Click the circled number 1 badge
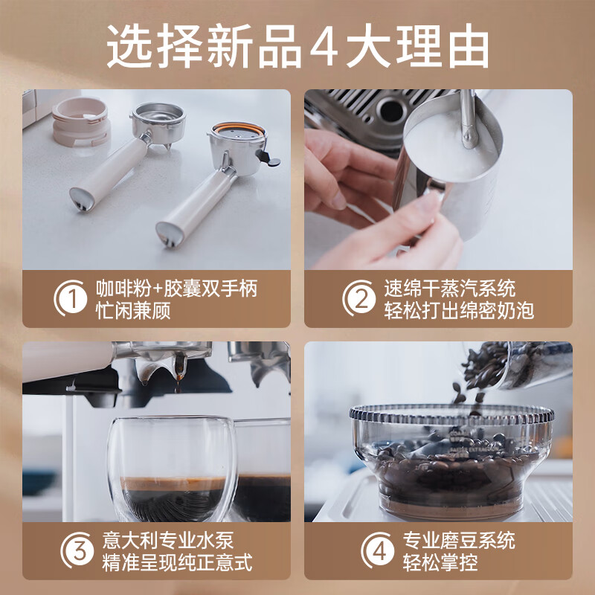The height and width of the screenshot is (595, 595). [x=71, y=298]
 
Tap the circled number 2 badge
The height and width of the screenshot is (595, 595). [x=359, y=298]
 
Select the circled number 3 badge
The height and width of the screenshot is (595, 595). [x=77, y=550]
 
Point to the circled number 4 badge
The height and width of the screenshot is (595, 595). [x=378, y=550]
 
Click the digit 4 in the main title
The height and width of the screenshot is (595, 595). [x=324, y=45]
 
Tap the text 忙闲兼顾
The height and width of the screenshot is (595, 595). [x=133, y=310]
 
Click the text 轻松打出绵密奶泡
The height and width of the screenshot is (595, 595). [x=459, y=310]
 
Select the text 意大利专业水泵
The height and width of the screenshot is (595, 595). [x=168, y=541]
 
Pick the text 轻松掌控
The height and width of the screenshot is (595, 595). [x=440, y=562]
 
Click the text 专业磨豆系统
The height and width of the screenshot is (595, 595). [x=459, y=541]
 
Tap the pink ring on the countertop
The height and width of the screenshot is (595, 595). [x=80, y=120]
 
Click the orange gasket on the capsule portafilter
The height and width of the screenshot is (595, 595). [x=238, y=128]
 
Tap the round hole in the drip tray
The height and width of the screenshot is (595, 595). [x=392, y=109]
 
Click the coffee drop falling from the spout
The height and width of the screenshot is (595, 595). [x=177, y=387]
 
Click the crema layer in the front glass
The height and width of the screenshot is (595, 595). [x=173, y=484]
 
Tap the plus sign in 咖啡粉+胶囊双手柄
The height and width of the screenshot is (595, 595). [x=158, y=289]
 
